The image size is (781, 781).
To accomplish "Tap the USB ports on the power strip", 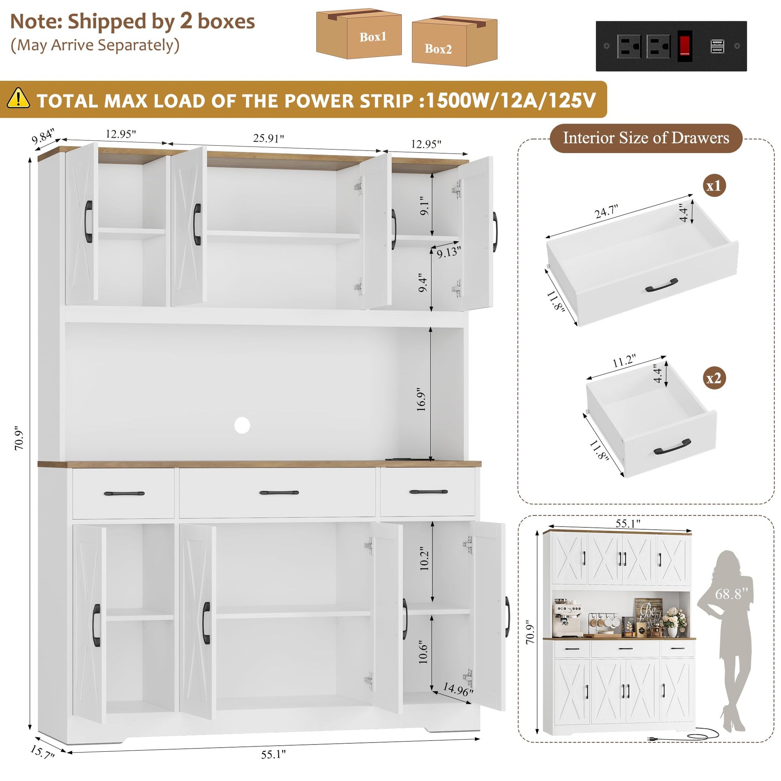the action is (x=717, y=46).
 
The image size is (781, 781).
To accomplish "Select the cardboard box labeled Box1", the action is (x=358, y=35).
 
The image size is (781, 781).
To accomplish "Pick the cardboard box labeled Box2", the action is (x=454, y=41).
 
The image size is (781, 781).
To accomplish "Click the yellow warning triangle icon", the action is (x=18, y=98).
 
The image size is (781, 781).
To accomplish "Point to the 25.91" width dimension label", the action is (x=268, y=138).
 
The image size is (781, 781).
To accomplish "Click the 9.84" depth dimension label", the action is (x=43, y=136).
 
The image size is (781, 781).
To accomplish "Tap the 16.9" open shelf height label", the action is (x=421, y=399).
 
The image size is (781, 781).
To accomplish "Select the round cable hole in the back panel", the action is (x=242, y=425).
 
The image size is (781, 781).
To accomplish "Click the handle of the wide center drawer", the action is (x=279, y=492).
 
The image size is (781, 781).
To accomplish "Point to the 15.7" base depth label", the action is (x=42, y=752).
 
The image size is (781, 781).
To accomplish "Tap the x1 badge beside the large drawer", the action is (x=714, y=186).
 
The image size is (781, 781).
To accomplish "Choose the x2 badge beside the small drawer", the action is (x=714, y=378).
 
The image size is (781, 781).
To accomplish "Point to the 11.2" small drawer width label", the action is (x=624, y=360).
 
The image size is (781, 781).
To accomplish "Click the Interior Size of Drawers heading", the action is (x=646, y=138).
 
